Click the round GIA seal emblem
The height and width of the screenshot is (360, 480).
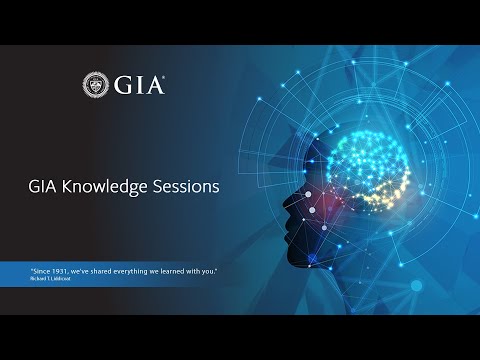click(x=97, y=85)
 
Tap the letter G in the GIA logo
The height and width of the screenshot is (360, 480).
click(x=124, y=85)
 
